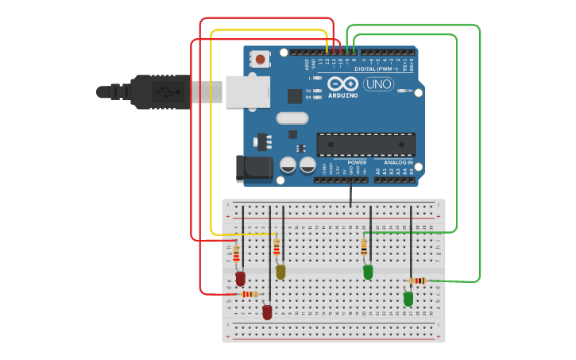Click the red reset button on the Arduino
tap(260, 58)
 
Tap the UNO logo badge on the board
tap(378, 83)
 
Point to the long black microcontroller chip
tap(365, 145)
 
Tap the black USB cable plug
tap(159, 91)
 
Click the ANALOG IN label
tap(394, 162)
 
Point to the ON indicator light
tap(400, 91)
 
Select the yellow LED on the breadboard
tap(280, 272)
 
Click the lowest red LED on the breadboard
tap(267, 312)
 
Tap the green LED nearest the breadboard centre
tap(368, 272)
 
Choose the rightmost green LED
tap(408, 299)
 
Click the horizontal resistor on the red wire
tap(250, 294)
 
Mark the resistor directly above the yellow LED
tap(276, 248)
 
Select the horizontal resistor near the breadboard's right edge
tap(418, 281)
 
